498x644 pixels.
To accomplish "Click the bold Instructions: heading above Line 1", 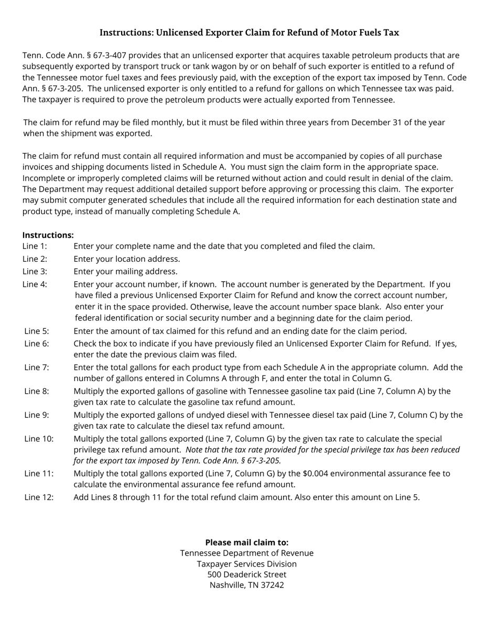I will pos(48,235).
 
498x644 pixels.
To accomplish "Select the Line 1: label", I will pos(35,246).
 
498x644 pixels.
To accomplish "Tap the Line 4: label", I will pos(35,284).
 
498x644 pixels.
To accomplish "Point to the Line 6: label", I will pos(37,343).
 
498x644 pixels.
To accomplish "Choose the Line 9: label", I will pos(37,415).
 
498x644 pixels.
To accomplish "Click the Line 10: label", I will pos(39,439).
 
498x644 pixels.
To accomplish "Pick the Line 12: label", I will pos(39,497).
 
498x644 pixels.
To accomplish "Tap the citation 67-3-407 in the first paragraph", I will pos(110,55).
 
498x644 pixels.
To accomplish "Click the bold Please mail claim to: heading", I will pos(246,542).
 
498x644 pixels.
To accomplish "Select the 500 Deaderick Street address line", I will pos(246,574).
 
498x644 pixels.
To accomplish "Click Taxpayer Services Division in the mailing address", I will pos(246,564).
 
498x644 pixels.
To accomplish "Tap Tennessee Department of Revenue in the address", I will pos(246,553).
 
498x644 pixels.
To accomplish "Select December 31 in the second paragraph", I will pos(374,123).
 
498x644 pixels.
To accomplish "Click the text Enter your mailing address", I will pos(125,271).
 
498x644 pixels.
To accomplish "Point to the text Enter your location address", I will pos(126,259).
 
